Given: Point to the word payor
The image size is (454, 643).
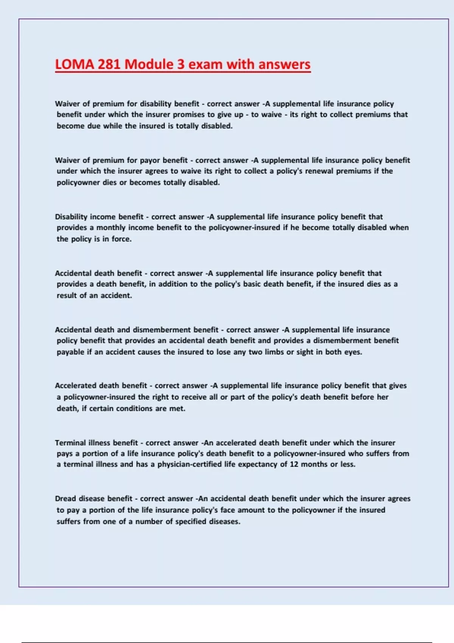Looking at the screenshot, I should (151, 160).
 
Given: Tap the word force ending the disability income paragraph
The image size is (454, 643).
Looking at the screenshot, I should (121, 239).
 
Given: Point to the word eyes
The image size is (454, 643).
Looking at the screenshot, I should (353, 352).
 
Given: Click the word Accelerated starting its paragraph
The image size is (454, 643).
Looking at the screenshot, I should (76, 385).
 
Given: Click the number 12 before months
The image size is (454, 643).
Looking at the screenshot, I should (294, 464).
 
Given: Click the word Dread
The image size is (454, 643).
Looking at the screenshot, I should (65, 499).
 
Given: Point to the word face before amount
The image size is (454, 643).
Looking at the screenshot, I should (228, 510).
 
